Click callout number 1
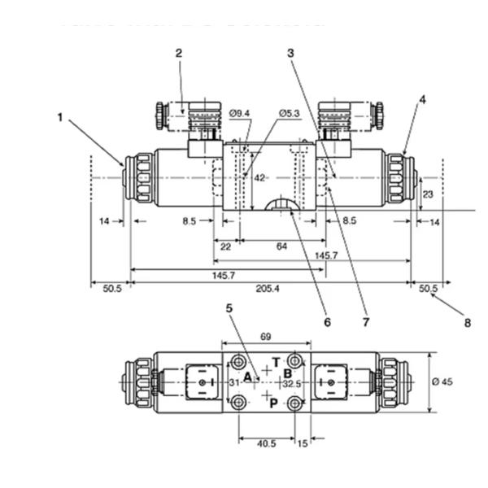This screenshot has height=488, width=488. (59, 116)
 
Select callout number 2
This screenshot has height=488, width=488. (179, 54)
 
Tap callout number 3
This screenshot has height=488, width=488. (290, 54)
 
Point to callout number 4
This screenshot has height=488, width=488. (422, 99)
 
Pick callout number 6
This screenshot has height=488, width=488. (327, 321)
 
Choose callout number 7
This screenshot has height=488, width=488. (365, 321)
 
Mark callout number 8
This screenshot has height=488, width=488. (468, 322)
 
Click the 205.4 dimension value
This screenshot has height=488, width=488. (268, 288)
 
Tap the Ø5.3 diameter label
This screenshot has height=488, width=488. (290, 113)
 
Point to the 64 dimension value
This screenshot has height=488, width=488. (281, 246)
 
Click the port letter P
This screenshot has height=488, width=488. (275, 402)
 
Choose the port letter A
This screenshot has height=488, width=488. (247, 377)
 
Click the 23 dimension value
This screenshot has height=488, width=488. (428, 194)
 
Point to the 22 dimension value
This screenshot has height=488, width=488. (225, 246)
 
